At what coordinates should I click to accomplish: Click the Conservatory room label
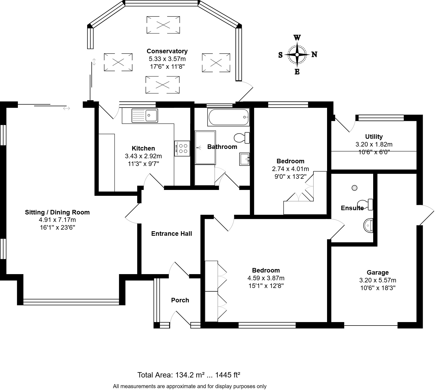167,51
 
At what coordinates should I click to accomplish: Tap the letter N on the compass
314,55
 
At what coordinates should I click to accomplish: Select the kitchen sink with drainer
145,115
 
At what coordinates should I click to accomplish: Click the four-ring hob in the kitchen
182,148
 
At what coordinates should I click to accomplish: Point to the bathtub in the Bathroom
228,117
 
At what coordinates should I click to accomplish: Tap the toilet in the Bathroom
242,137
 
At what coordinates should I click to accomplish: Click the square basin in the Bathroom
244,159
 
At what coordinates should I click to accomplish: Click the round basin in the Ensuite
368,225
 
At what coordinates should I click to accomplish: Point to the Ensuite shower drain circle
355,188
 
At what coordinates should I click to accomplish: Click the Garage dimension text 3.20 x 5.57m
378,280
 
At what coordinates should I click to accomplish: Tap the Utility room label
374,137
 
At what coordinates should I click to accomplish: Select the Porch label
180,300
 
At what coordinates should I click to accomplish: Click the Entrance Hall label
172,234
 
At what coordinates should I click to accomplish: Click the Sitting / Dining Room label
57,212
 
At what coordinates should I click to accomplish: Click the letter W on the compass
297,38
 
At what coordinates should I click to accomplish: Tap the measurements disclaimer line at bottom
190,386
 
